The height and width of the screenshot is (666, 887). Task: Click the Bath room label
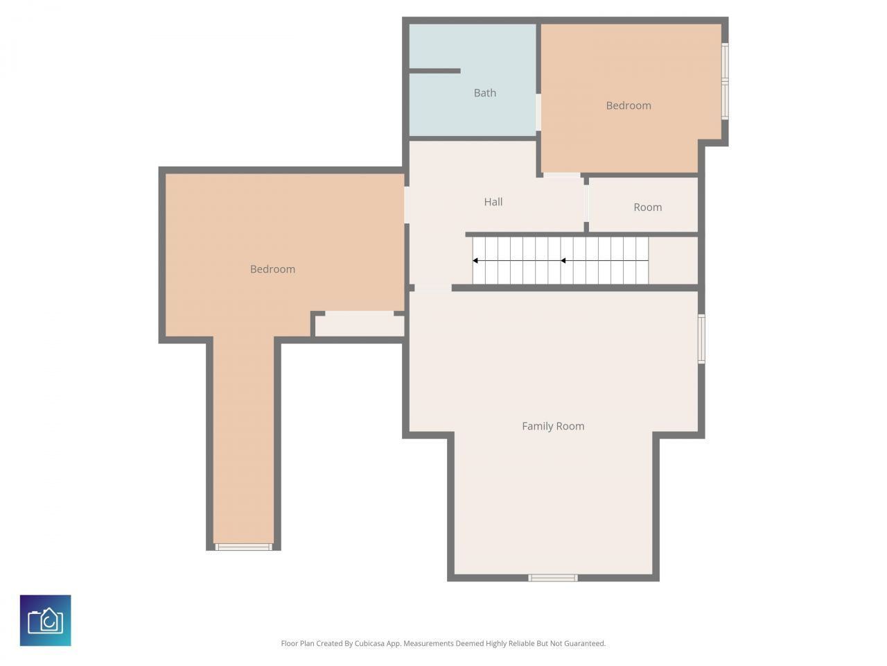(485, 93)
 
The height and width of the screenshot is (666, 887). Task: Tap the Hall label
(493, 202)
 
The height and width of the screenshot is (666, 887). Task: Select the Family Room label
(553, 426)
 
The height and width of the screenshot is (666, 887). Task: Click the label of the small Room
(648, 207)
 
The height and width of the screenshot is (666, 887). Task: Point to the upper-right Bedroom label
(629, 105)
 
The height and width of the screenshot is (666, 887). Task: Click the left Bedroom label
(272, 269)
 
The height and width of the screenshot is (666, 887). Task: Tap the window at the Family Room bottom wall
(553, 577)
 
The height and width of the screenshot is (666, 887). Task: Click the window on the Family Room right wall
(701, 339)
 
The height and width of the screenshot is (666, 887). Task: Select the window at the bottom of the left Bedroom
(243, 547)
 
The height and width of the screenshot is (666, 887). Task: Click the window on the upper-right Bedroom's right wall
(725, 82)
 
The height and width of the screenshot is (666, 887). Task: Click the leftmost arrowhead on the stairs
(476, 261)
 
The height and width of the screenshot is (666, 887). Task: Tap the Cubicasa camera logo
(46, 620)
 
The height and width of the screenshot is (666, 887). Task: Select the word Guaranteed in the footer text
(583, 644)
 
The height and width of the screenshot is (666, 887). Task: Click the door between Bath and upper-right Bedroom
(538, 112)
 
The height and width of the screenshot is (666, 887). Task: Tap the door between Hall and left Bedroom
(407, 205)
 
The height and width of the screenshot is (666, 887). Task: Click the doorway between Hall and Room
(586, 203)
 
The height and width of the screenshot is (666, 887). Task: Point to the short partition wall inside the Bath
(434, 71)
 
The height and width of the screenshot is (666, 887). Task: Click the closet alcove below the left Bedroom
(359, 325)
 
